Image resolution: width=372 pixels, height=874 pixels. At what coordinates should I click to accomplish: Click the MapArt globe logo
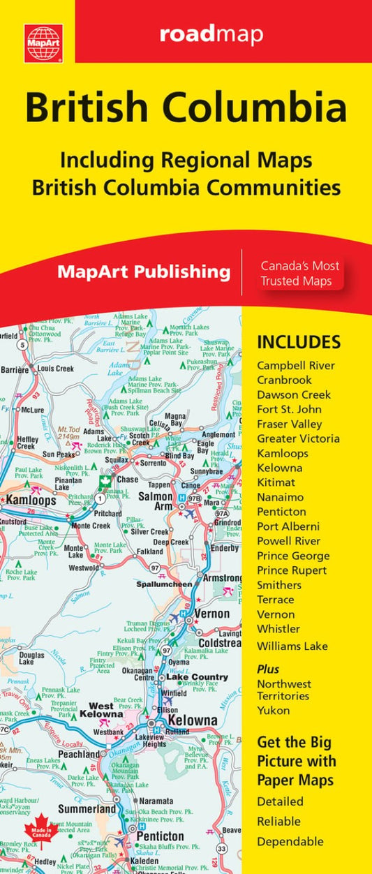(x=43, y=43)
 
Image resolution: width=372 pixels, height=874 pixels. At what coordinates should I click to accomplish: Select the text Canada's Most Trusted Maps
(x=300, y=273)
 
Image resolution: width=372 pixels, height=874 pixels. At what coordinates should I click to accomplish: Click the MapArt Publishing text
(x=144, y=272)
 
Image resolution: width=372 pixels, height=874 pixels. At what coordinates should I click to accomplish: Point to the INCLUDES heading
(x=299, y=342)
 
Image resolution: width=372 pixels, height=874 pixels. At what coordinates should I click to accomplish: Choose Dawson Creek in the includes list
(x=294, y=394)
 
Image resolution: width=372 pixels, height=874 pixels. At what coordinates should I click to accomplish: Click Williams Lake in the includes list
(x=292, y=646)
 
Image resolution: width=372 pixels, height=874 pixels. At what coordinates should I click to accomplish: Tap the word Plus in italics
(x=268, y=668)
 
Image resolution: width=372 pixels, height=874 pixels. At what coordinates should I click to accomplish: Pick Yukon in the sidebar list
(x=273, y=711)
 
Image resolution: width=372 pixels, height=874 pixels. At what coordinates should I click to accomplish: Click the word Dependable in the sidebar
(x=290, y=841)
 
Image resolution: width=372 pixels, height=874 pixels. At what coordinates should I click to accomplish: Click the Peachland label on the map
(x=78, y=754)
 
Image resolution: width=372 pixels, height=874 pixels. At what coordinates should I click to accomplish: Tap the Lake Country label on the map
(x=198, y=677)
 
